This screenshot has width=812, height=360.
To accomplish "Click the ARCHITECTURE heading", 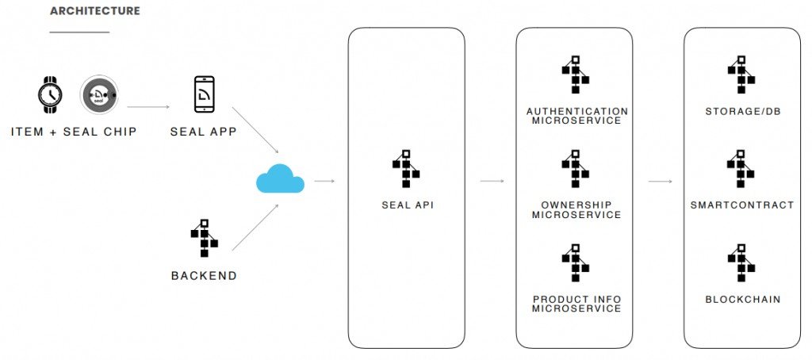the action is (95, 11).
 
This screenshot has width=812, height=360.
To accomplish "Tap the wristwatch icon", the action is (50, 95).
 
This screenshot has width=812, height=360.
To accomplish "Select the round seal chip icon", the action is (99, 95).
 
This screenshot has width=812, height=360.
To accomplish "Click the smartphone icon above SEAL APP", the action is (204, 94).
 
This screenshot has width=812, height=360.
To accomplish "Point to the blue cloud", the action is (280, 178).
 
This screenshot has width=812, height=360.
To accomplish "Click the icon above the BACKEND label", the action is (204, 238).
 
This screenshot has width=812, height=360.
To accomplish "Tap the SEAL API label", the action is (407, 205).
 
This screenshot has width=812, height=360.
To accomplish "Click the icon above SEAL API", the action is (406, 168).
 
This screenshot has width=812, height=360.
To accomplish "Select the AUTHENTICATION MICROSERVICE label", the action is (577, 116).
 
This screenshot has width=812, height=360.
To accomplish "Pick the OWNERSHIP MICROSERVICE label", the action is (576, 210).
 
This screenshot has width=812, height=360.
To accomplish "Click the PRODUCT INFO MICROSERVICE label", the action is (576, 304).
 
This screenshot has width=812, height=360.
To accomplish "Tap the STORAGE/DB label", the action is (742, 111).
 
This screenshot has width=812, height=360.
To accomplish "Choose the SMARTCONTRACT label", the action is (742, 205).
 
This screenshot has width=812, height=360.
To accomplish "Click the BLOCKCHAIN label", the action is (742, 300).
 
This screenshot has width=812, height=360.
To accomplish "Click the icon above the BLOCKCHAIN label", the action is (741, 262).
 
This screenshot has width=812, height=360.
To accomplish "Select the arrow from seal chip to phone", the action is (148, 107).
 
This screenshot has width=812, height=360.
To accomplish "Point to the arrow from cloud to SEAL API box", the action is (324, 182).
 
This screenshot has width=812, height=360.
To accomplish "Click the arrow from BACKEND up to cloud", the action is (255, 227).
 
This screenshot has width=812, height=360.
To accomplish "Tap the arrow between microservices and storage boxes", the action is (661, 182).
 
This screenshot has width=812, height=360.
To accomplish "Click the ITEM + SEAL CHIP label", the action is (74, 132).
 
